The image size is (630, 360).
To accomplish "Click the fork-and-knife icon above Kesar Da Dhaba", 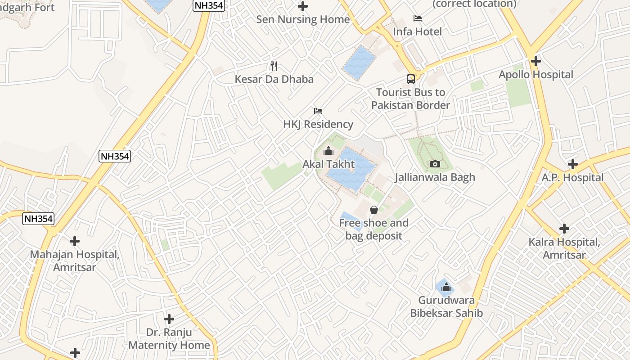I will coord(274,66).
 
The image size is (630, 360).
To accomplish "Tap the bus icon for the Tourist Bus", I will coord(411,79).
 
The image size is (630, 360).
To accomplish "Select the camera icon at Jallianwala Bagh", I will coord(435,164).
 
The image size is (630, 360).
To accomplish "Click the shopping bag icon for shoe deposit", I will coord(373,210).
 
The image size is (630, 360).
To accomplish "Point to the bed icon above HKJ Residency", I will coord(318,111).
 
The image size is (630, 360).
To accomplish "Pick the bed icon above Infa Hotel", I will coord(418,18).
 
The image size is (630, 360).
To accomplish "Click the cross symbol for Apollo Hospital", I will coord(535,61).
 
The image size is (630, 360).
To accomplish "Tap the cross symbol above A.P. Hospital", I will coord(572,164).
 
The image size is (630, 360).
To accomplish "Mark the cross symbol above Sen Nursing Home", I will coord(303,6).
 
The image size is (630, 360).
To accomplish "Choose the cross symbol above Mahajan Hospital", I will coord(75,241).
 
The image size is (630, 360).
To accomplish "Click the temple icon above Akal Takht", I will coord(328,151).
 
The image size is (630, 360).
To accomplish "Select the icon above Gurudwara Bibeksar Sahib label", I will coord(446,287).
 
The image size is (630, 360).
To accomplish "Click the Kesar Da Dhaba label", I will coord(274,79).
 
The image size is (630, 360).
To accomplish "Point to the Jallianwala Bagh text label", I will coord(435,177).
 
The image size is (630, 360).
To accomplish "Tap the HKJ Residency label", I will coord(318,124).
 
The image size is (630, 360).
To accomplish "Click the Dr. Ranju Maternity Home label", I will coord(169,339).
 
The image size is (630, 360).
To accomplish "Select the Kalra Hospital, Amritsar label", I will coord(564,248).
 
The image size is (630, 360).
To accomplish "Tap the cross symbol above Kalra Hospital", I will coord(564,229).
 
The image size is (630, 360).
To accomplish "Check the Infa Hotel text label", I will coord(418,31).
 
